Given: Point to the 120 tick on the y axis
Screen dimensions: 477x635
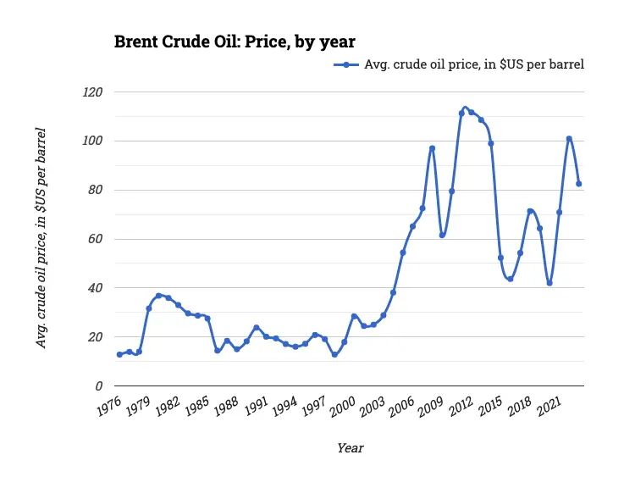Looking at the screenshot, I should click(92, 92).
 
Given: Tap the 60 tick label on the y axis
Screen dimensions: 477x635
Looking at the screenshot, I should click(95, 239).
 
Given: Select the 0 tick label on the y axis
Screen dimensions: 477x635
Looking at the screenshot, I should click(98, 385).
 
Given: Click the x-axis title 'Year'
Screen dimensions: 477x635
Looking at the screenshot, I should click(350, 447).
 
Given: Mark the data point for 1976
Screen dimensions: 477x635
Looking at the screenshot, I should click(119, 354).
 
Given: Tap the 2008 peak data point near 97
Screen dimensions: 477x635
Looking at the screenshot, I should click(432, 148).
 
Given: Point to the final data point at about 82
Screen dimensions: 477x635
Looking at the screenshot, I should click(579, 184).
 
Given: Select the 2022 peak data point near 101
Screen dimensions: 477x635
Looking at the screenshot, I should click(569, 138).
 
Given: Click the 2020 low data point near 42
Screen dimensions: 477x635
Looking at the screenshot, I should click(549, 283).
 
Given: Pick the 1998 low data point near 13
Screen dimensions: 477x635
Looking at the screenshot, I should click(334, 354).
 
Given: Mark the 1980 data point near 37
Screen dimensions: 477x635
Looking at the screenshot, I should click(158, 296).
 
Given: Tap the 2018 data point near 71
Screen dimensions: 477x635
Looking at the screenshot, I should click(530, 211).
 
